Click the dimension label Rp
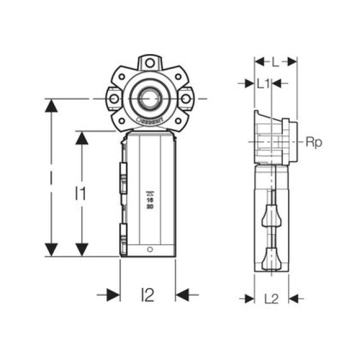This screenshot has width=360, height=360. point(313,143)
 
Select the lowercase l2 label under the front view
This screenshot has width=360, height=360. point(147,294)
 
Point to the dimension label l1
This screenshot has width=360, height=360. point(81,193)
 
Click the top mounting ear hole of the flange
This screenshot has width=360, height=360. point(149,64)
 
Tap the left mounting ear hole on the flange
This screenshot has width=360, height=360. point(114,99)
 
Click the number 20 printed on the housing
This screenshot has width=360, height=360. point(150,206)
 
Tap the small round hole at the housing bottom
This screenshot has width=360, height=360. point(150,249)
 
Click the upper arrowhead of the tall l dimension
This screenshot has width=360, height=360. point(51,106)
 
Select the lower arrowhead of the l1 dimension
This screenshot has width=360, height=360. point(82,250)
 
